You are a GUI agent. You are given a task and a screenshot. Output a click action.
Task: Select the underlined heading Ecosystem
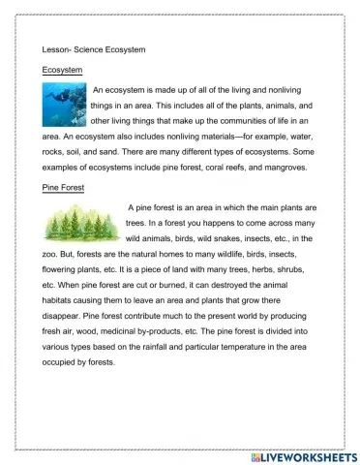(x=63, y=70)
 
